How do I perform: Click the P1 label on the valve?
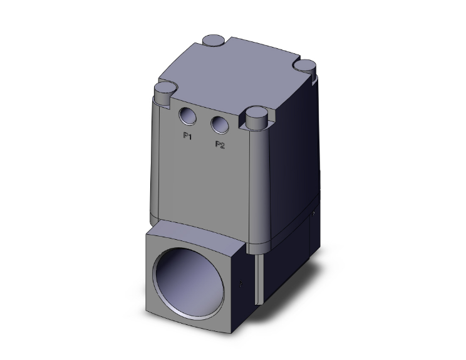pyautogui.click(x=187, y=136)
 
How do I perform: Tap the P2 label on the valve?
pyautogui.click(x=220, y=145)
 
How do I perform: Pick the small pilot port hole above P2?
pyautogui.click(x=219, y=124)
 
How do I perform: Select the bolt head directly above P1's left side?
pyautogui.click(x=163, y=91)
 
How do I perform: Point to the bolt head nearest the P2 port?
pyautogui.click(x=257, y=116)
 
